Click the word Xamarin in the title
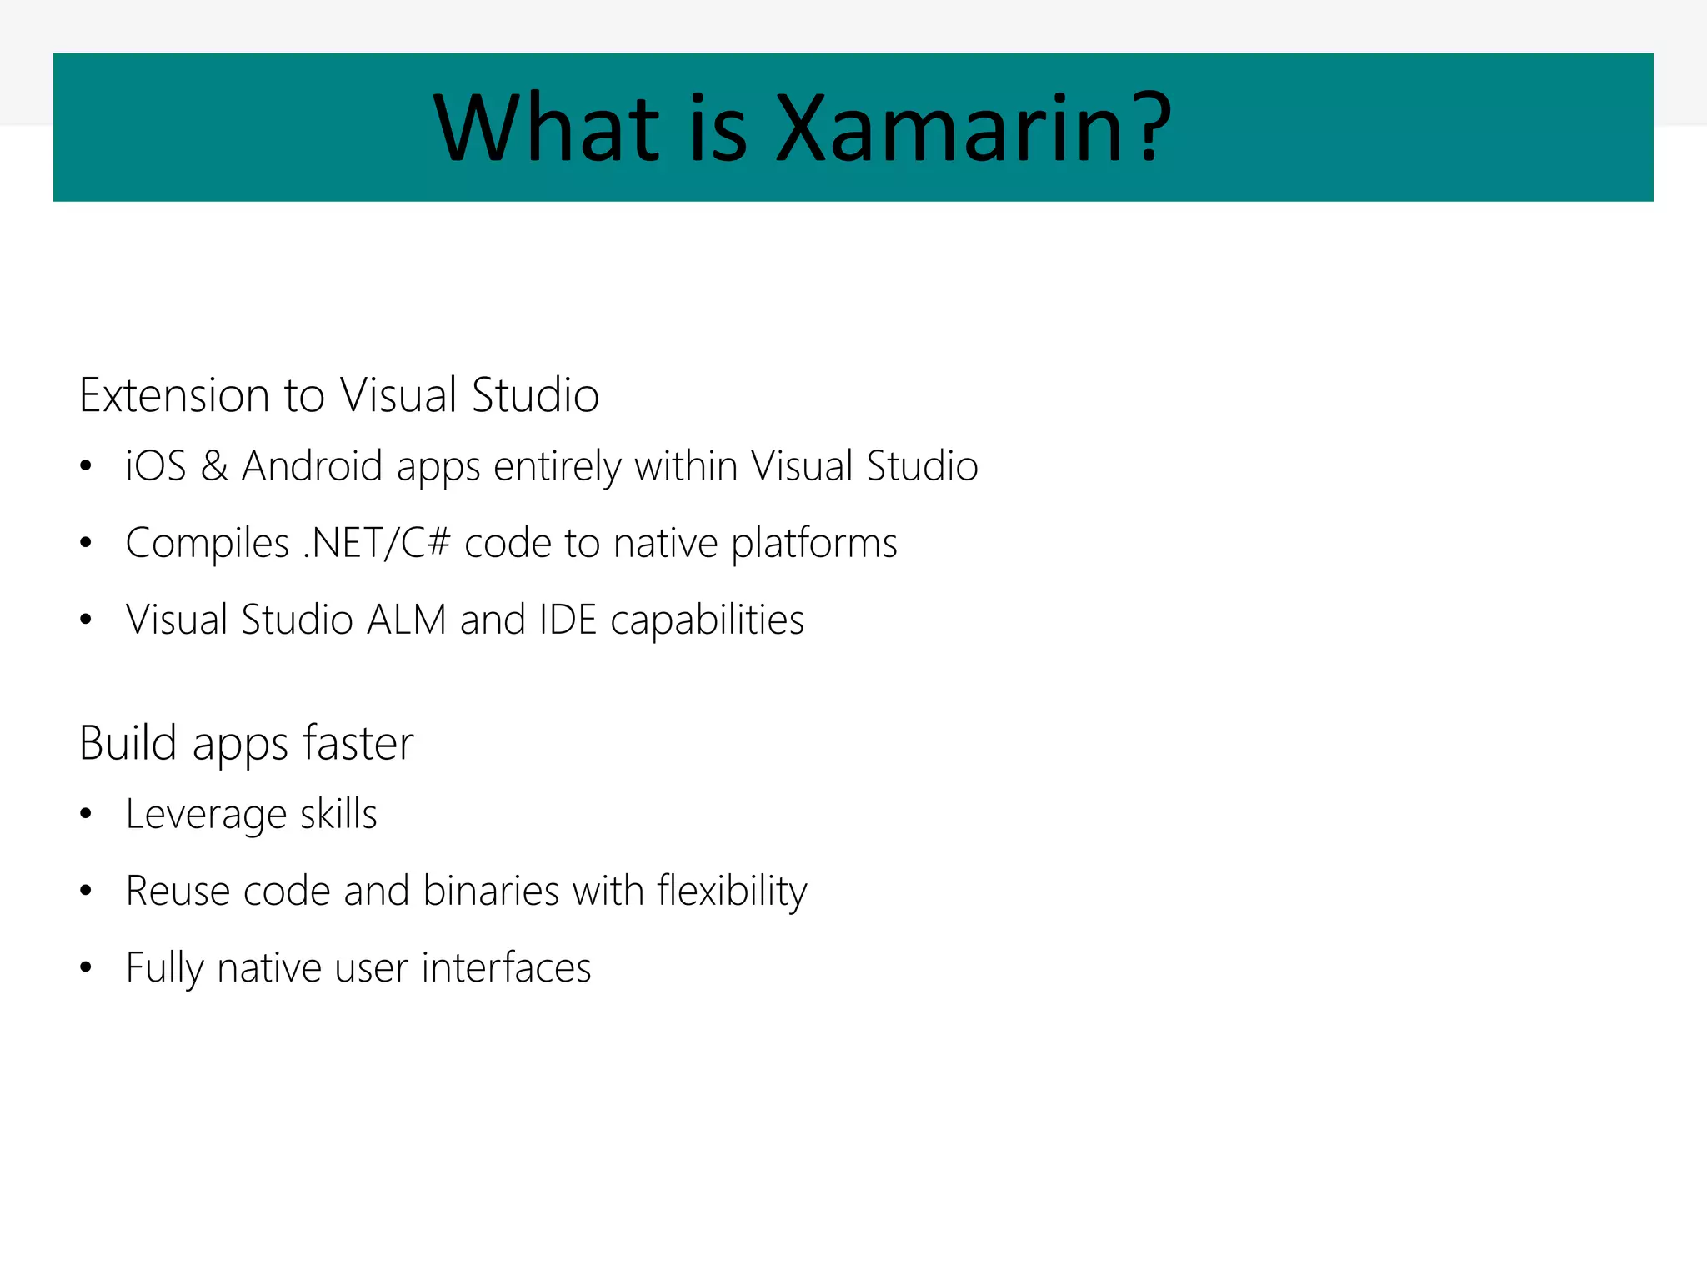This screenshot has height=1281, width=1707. (949, 128)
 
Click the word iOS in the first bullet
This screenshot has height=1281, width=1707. (156, 465)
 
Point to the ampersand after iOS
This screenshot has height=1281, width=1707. (214, 465)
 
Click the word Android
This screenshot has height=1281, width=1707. (312, 465)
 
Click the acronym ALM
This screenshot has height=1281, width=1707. (407, 620)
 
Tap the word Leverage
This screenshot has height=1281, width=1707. (206, 815)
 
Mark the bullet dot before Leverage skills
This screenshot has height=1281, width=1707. (86, 814)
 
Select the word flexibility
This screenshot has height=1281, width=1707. (732, 891)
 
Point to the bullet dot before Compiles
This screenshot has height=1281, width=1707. (86, 543)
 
